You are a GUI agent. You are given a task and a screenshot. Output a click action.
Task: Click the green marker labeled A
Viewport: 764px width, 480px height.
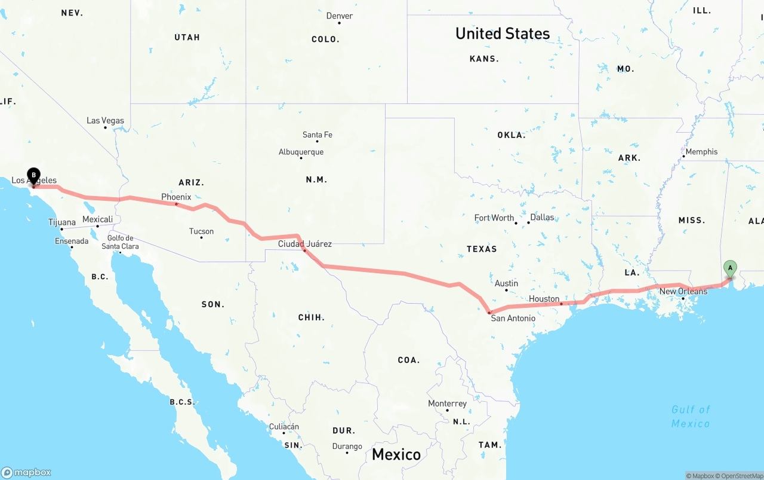[730, 269]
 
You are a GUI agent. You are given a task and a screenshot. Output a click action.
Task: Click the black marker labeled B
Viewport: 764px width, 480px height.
[34, 176]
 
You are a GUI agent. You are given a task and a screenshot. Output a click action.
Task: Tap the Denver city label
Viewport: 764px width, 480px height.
[339, 16]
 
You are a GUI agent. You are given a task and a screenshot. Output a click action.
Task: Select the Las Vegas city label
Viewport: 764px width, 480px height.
[105, 121]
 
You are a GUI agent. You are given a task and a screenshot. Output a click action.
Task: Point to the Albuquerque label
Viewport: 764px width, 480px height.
[301, 152]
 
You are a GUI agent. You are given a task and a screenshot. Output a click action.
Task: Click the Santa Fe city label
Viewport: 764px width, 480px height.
[317, 135]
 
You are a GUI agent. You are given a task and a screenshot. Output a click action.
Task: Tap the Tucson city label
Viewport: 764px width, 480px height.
[201, 231]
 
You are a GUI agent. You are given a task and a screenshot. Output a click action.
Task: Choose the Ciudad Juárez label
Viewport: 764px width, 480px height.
[304, 244]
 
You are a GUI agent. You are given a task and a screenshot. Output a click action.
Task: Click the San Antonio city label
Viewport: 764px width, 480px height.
[513, 318]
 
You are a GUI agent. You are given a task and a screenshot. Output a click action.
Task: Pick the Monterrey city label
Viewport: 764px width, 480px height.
[447, 403]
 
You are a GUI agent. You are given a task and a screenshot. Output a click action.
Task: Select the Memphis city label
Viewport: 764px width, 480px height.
[701, 152]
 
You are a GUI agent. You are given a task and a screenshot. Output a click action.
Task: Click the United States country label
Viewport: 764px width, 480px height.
[503, 33]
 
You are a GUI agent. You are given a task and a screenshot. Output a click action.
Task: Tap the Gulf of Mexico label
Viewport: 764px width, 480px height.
[691, 417]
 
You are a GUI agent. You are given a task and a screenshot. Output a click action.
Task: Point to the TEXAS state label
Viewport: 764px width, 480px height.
[482, 249]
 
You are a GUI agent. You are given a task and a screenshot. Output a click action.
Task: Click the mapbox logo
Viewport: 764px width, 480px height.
[26, 472]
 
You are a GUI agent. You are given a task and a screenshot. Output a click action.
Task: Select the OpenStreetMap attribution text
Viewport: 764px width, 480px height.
[740, 476]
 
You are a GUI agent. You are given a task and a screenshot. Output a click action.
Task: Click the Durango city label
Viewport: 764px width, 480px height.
[347, 447]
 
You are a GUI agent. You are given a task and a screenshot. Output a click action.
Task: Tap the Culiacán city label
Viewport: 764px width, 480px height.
[284, 427]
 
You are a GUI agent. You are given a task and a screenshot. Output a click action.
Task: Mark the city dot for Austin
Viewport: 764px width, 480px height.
[506, 291]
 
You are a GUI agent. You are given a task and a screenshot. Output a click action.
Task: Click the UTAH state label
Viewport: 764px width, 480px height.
[187, 37]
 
